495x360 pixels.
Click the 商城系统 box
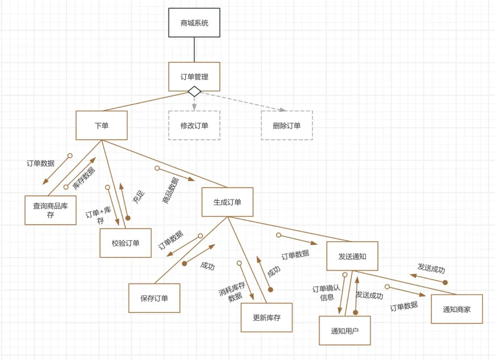pos(194,22)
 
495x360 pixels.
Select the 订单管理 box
pos(194,77)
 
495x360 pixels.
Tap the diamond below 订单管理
pos(194,91)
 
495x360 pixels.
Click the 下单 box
pos(101,125)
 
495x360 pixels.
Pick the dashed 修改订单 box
pos(194,125)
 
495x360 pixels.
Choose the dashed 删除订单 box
pos(287,125)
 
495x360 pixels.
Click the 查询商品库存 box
pos(50,210)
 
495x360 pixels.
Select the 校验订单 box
pos(126,243)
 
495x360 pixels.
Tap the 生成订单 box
pos(227,202)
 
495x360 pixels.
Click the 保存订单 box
pos(154,298)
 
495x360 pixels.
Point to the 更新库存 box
pos(266,317)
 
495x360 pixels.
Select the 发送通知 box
pos(352,256)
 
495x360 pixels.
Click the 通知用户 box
pos(345,330)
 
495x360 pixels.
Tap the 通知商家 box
pos(456,309)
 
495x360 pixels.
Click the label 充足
pos(138,197)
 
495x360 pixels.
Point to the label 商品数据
pos(171,190)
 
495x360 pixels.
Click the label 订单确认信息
pos(326,293)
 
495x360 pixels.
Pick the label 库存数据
pos(84,178)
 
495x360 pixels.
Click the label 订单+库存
pos(99,215)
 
